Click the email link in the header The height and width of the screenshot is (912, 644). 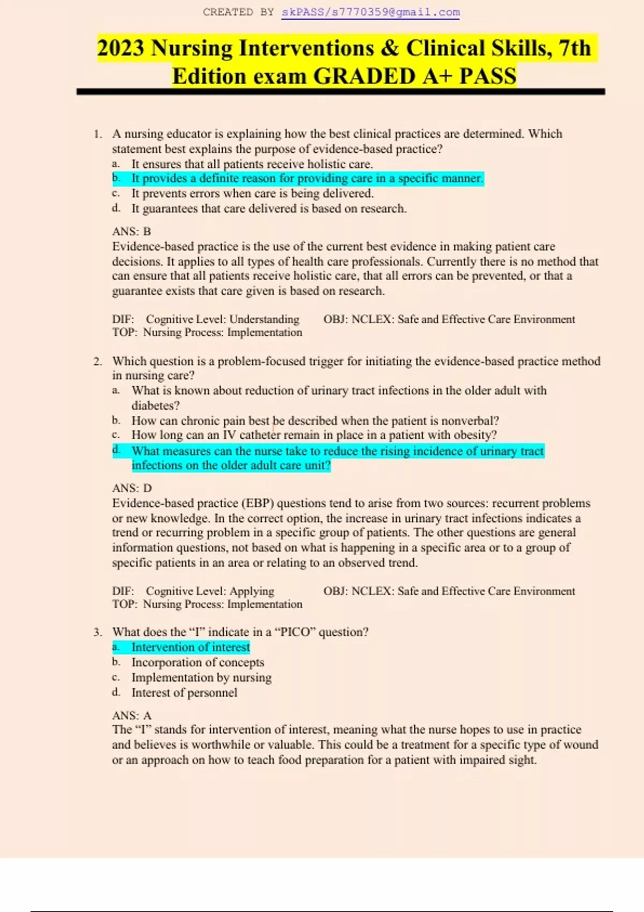click(370, 12)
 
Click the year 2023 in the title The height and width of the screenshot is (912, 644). click(121, 48)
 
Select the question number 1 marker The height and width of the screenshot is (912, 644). click(97, 134)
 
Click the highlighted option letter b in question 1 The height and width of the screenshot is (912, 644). click(116, 178)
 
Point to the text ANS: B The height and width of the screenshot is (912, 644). click(131, 231)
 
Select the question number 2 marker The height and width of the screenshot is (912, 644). click(97, 361)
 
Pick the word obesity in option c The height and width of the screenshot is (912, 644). click(472, 435)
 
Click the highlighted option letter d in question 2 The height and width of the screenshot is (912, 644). click(116, 450)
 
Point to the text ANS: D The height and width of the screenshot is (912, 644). click(132, 488)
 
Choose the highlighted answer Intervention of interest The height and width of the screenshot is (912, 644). click(191, 648)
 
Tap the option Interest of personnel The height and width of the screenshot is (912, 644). click(184, 693)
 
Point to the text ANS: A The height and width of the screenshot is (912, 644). click(132, 716)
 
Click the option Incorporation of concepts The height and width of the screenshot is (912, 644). click(197, 663)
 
